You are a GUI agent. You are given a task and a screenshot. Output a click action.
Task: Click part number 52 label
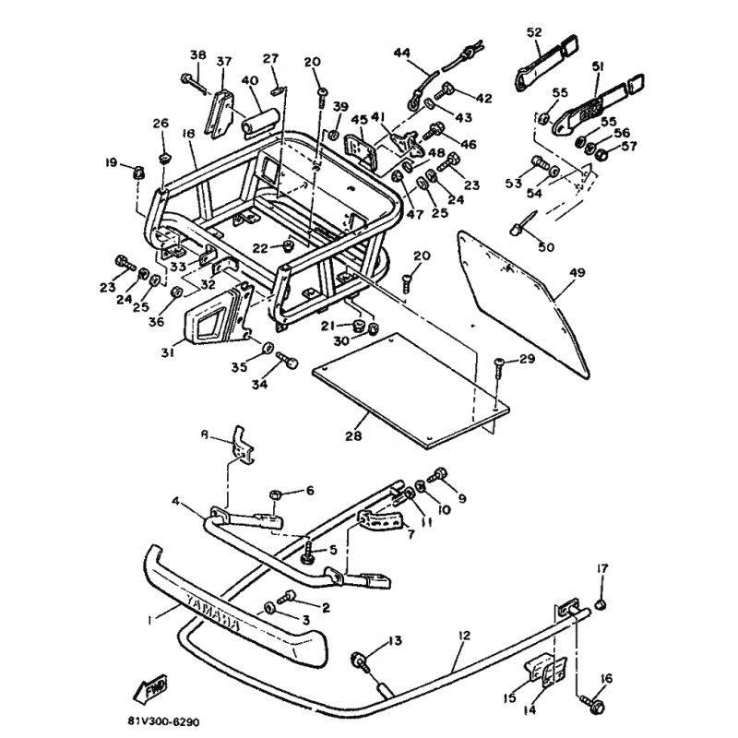[x=534, y=32]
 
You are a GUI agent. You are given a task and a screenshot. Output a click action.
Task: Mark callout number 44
[x=402, y=54]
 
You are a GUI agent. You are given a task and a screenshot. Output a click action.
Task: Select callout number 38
[x=196, y=54]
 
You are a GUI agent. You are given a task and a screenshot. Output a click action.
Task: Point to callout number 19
[x=112, y=162]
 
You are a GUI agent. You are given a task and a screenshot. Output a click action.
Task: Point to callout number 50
[x=545, y=247]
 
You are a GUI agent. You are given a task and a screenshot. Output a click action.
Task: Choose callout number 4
[x=175, y=503]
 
